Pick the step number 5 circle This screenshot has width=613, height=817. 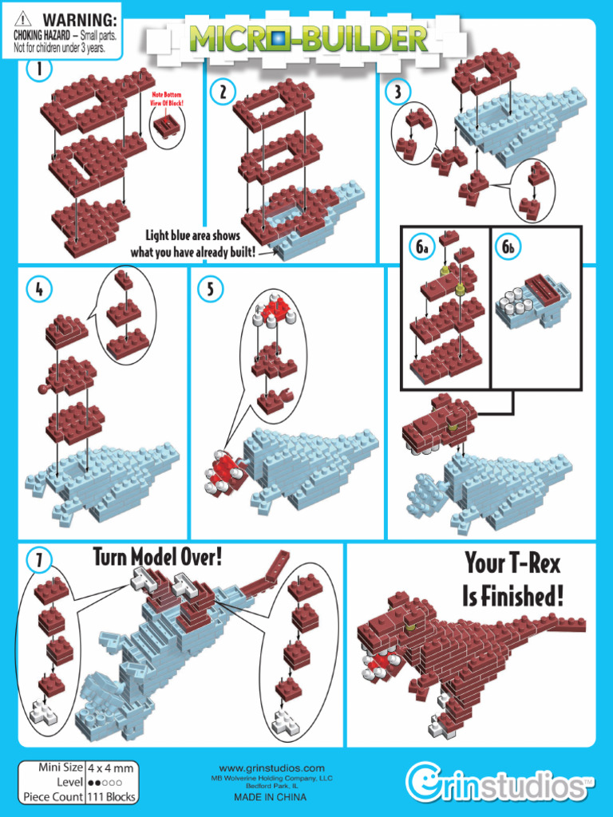[x=210, y=289]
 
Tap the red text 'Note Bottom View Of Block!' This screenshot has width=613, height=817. [x=167, y=100]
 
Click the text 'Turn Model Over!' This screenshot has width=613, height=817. [x=156, y=557]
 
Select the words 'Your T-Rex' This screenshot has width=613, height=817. [x=513, y=565]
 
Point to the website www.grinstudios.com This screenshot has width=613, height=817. [x=271, y=768]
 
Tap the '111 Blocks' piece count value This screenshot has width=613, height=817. [x=111, y=796]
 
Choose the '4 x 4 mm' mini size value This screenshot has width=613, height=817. [x=111, y=768]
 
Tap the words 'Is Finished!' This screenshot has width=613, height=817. [x=512, y=596]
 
